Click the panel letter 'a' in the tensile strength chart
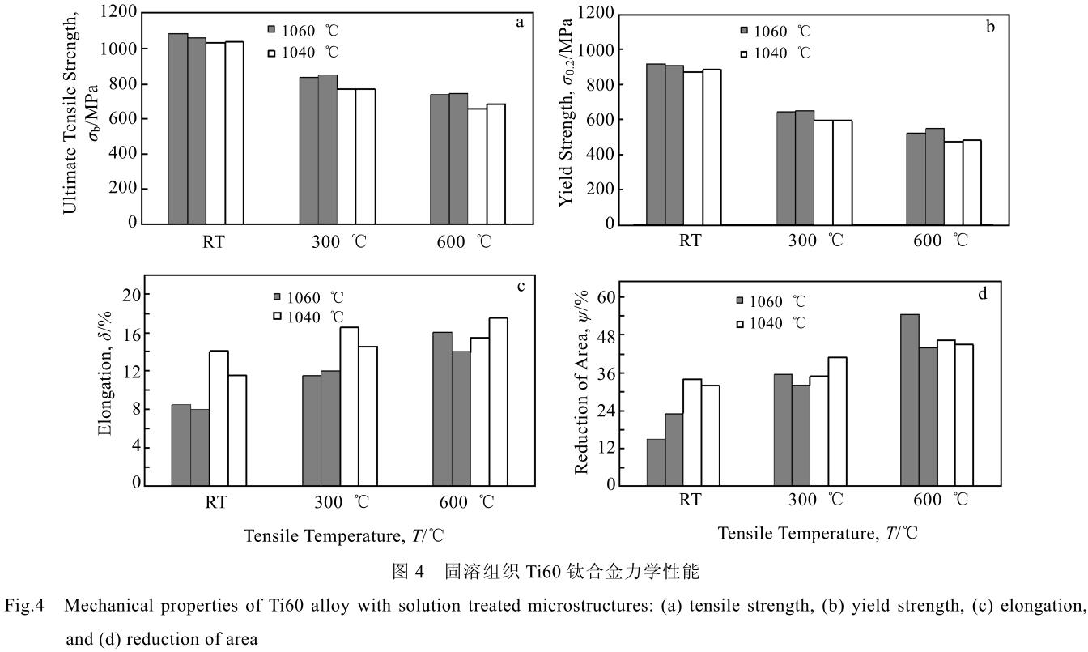click(x=520, y=23)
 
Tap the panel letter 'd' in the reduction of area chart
click(x=983, y=293)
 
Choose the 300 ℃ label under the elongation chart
click(x=342, y=502)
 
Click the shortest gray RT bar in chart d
click(x=656, y=462)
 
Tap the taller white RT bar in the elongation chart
click(x=219, y=417)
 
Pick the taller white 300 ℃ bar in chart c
click(x=349, y=405)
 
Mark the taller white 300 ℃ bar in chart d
click(x=837, y=420)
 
